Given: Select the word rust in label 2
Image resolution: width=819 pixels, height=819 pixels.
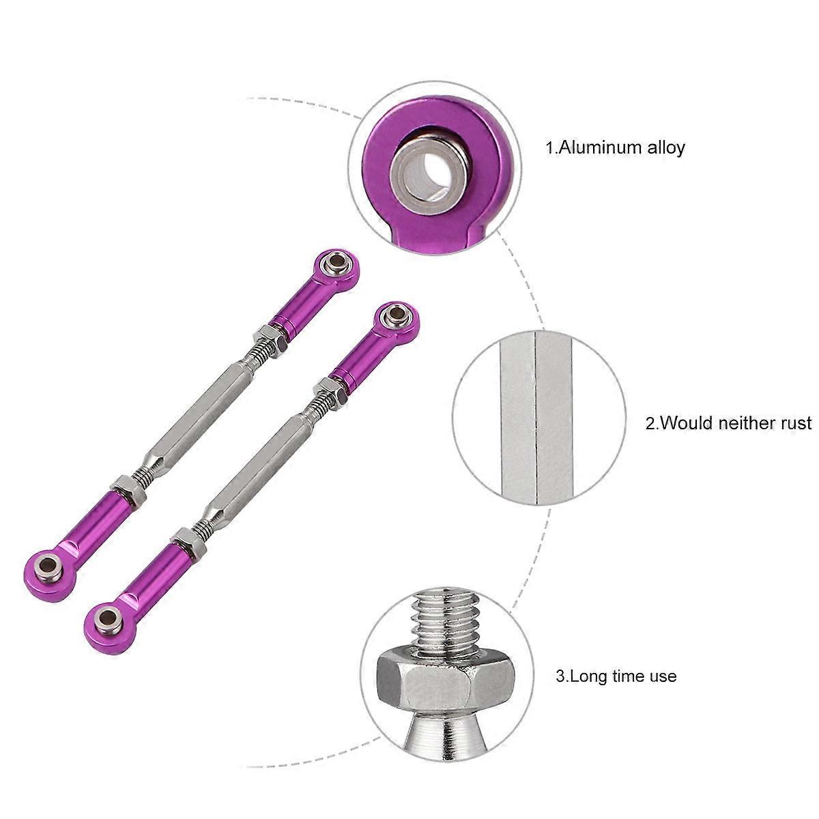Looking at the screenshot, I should coord(794,423).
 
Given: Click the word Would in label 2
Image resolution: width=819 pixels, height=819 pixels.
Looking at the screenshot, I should coord(685,423).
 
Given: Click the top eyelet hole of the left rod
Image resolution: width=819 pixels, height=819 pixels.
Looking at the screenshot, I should coord(336,261).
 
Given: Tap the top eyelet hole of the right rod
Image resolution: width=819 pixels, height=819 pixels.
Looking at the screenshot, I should coord(394,315).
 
